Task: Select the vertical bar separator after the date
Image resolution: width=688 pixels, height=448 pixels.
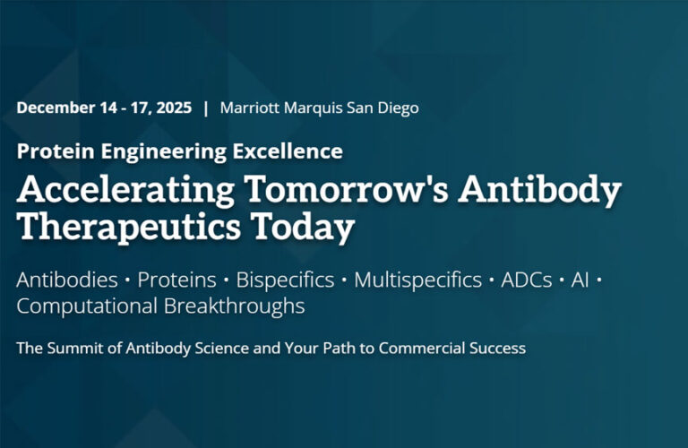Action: [206, 108]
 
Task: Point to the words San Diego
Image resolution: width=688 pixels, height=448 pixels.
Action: [383, 108]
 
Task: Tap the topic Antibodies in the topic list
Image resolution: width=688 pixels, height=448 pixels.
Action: [67, 280]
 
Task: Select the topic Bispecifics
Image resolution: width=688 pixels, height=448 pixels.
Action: [285, 280]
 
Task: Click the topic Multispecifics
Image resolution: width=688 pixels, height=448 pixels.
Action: [417, 280]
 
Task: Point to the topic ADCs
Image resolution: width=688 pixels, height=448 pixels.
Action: [522, 280]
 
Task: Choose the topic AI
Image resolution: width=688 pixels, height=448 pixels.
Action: [577, 280]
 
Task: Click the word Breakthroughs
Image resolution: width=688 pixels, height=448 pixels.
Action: [235, 306]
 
